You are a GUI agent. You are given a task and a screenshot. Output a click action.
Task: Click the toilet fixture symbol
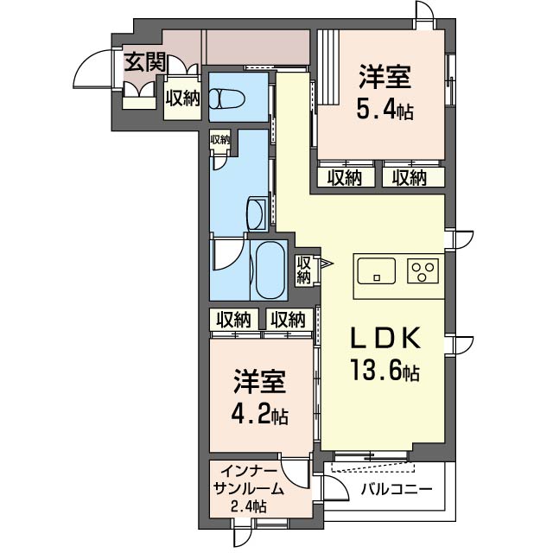click(226, 99)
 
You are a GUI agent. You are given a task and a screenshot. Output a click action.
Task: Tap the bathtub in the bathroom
click(270, 270)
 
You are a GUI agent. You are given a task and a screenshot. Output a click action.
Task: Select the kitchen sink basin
click(377, 270)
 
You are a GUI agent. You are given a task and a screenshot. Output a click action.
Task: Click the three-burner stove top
click(423, 270)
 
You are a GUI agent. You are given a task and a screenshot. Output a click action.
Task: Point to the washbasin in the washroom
click(257, 213)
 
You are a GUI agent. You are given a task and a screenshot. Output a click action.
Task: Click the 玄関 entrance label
click(145, 62)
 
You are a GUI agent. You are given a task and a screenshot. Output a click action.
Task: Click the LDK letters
click(385, 338)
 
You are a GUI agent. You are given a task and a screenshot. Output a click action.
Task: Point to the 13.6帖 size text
click(385, 368)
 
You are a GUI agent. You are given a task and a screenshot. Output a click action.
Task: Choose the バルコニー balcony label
click(397, 490)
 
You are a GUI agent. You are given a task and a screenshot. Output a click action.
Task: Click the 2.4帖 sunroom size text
click(249, 507)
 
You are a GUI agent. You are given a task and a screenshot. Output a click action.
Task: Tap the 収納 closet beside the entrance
click(183, 98)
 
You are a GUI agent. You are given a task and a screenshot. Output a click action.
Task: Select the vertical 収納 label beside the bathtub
click(303, 270)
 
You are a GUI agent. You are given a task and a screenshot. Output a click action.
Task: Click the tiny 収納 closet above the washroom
click(220, 140)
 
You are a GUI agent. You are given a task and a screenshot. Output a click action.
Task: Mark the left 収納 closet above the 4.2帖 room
click(233, 320)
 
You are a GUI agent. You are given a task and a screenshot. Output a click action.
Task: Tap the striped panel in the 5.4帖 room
click(328, 67)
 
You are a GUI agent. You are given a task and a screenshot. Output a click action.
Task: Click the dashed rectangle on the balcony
click(372, 467)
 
